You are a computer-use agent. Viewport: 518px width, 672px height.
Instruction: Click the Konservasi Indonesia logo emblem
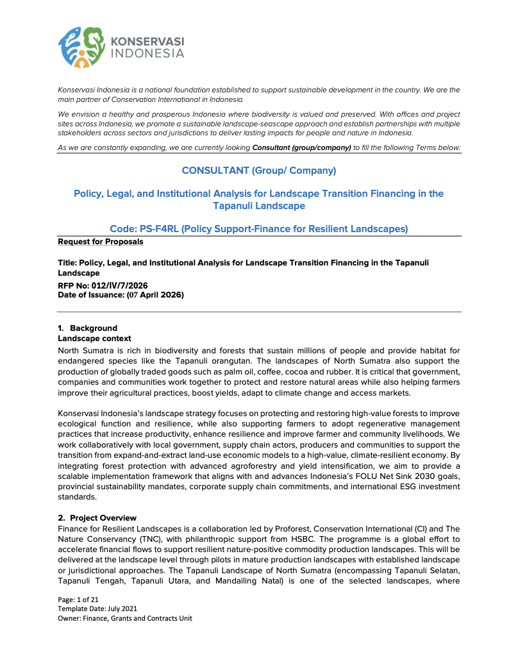[81, 47]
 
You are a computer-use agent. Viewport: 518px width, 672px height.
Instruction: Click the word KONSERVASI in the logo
[147, 41]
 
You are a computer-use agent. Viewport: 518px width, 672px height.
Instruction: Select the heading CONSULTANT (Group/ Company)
[259, 171]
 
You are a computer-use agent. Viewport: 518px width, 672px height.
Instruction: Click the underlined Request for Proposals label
[101, 242]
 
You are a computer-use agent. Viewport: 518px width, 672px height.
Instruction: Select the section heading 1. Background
[88, 328]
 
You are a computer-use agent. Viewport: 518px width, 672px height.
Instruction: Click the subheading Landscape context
[94, 339]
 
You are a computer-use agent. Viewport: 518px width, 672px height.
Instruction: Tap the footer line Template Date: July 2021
[97, 609]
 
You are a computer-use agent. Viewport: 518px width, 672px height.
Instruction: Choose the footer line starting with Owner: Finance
[125, 618]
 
